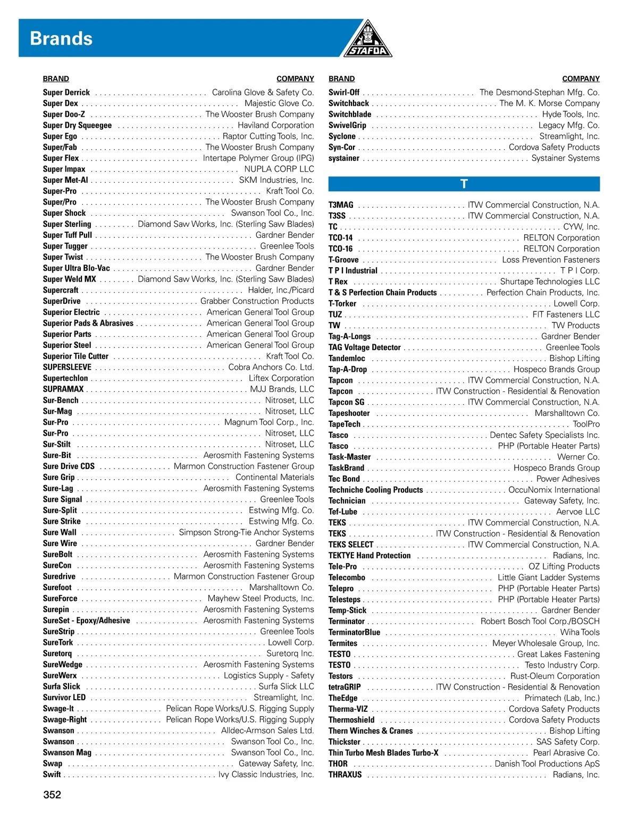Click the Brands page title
61,39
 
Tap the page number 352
52,795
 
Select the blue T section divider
464,184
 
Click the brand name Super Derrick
66,92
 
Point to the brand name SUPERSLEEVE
67,367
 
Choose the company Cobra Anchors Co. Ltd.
271,367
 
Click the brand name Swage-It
58,709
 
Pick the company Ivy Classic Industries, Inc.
266,775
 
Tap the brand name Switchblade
350,114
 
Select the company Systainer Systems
565,158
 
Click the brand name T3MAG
341,205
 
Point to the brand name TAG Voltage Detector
364,347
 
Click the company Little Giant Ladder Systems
548,577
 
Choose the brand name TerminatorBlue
354,632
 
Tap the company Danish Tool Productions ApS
547,764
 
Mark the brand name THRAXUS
345,775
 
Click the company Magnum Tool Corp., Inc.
269,422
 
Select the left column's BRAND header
56,79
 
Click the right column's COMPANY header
581,79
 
